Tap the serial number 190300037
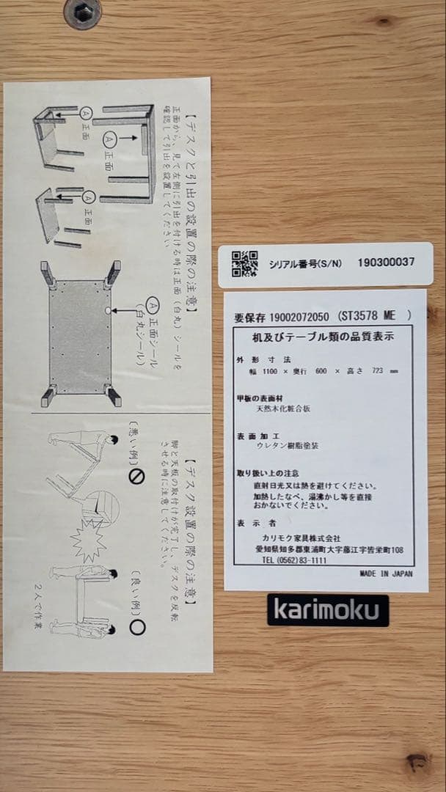[x=386, y=262]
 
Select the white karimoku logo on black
[x=327, y=610]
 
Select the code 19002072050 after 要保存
[x=299, y=317]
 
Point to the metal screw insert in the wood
[x=82, y=12]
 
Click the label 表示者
[x=250, y=524]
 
